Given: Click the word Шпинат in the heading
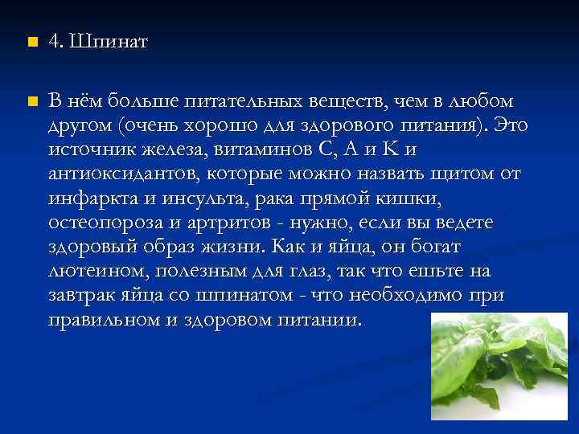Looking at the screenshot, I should (x=109, y=41).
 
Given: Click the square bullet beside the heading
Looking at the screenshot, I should (x=31, y=42).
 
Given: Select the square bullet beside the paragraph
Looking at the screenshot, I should (x=31, y=102).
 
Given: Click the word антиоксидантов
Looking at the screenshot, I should (x=123, y=174).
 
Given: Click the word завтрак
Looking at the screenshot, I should (x=79, y=295).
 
